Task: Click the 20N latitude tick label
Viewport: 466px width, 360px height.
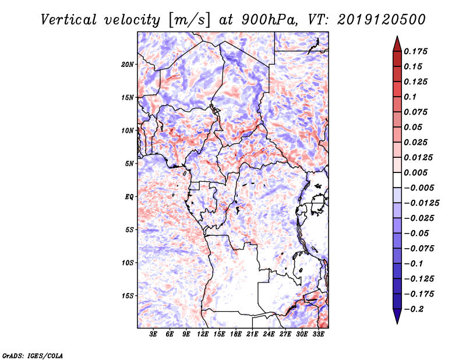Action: [128, 64]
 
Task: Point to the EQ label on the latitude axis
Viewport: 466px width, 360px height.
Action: [129, 196]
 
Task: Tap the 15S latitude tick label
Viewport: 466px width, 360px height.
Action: [128, 295]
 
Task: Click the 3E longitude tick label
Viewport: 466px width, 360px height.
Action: [154, 335]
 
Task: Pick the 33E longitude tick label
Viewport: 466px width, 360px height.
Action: [319, 335]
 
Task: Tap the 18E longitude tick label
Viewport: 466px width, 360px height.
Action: [236, 335]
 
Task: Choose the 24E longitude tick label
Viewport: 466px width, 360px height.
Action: [269, 335]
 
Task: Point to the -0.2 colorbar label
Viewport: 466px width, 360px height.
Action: [415, 309]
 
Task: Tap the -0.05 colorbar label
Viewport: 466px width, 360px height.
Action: [417, 233]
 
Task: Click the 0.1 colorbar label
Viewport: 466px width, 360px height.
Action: [410, 97]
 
